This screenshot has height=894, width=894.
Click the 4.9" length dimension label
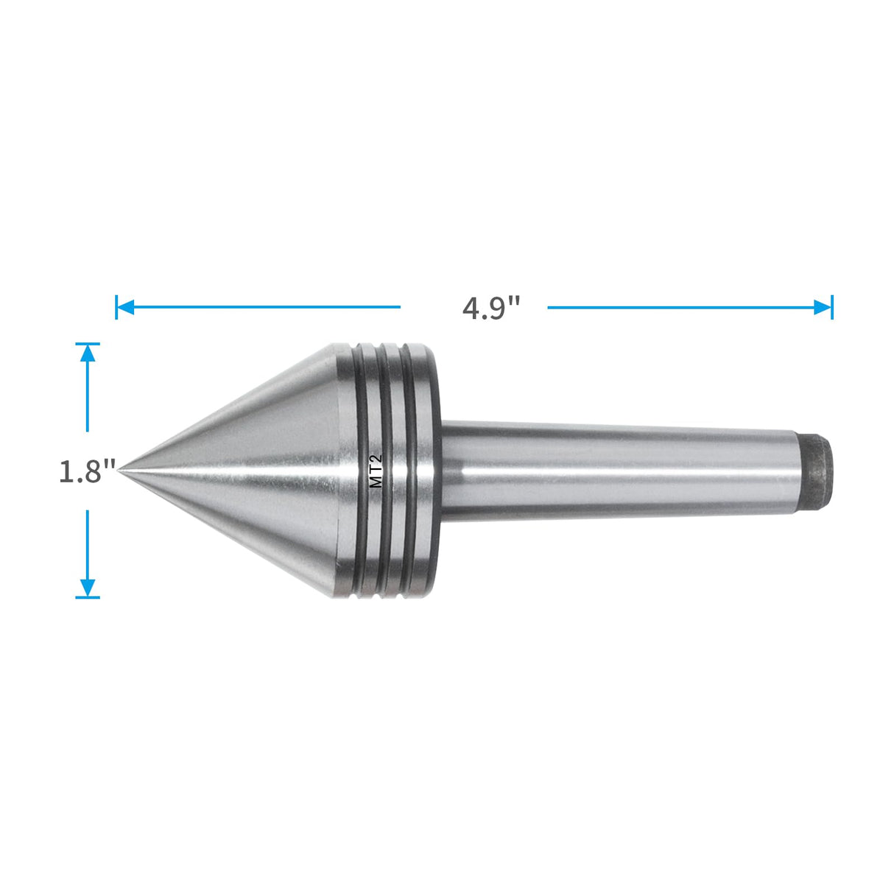click(x=491, y=308)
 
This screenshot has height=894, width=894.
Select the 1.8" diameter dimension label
click(x=88, y=471)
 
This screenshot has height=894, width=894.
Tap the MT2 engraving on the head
click(x=376, y=472)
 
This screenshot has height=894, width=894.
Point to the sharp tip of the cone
click(x=120, y=469)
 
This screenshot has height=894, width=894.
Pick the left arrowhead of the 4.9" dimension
click(x=125, y=307)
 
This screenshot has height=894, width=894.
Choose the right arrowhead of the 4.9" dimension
click(x=822, y=307)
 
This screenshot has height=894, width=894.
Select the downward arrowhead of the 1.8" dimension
click(x=88, y=587)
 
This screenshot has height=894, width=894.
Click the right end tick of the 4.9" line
click(x=832, y=307)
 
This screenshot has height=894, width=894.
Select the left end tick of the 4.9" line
click(x=116, y=307)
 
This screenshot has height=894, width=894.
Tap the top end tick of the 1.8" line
click(x=88, y=343)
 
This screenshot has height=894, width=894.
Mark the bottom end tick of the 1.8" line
click(x=88, y=597)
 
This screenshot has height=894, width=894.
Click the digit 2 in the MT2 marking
click(x=376, y=460)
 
